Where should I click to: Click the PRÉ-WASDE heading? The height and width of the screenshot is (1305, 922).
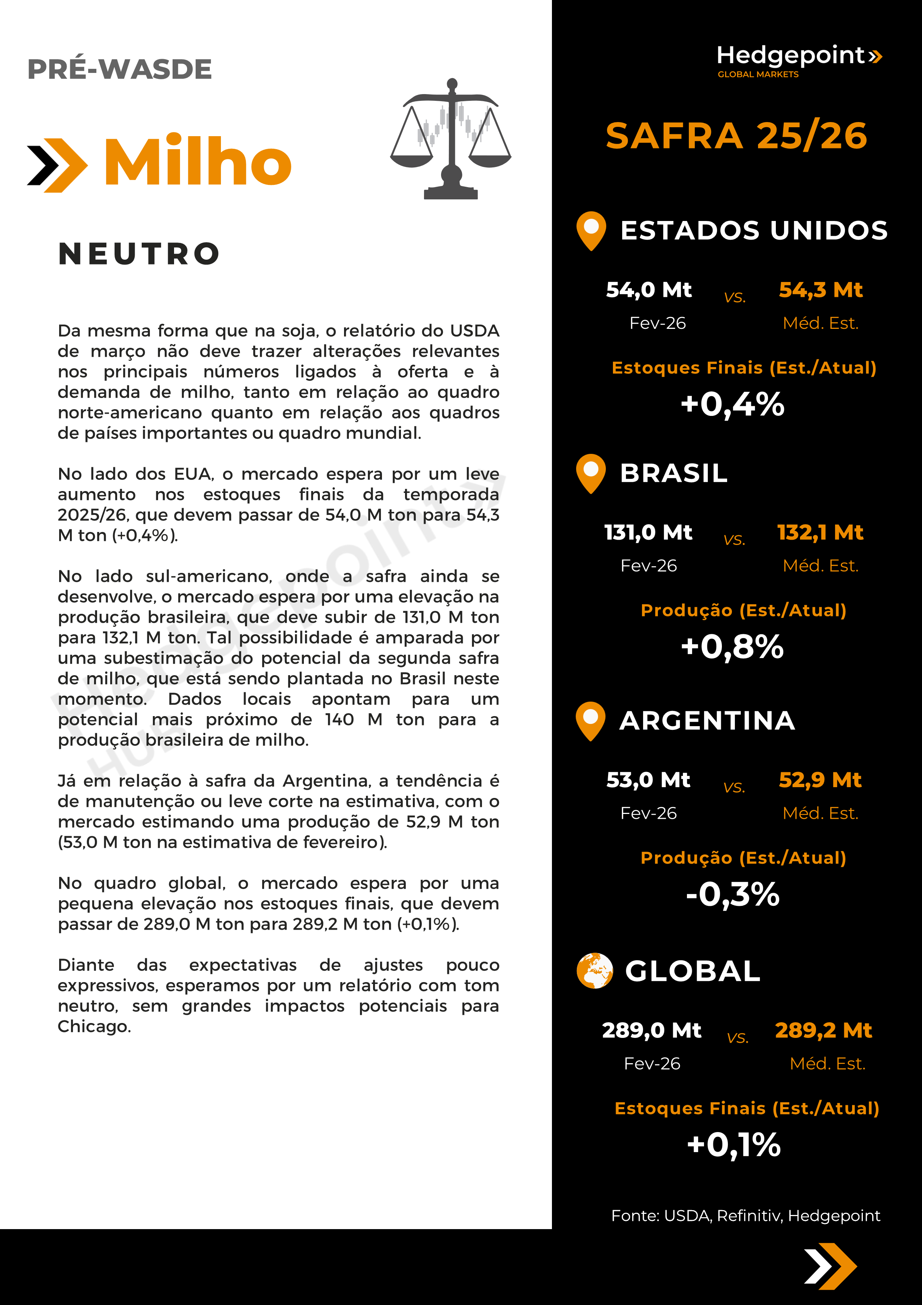point(119,69)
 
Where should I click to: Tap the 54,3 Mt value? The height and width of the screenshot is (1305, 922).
point(820,290)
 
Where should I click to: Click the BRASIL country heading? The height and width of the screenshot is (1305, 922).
point(674,473)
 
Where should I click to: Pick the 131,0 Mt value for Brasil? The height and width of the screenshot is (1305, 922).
point(648,533)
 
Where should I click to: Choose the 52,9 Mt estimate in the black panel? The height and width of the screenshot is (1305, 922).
point(820,780)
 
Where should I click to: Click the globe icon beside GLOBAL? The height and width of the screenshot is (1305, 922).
point(594,971)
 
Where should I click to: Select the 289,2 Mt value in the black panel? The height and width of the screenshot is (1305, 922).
point(823,1030)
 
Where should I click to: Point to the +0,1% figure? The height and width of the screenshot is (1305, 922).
point(733,1144)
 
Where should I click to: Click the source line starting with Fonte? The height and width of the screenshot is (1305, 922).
point(745,1215)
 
